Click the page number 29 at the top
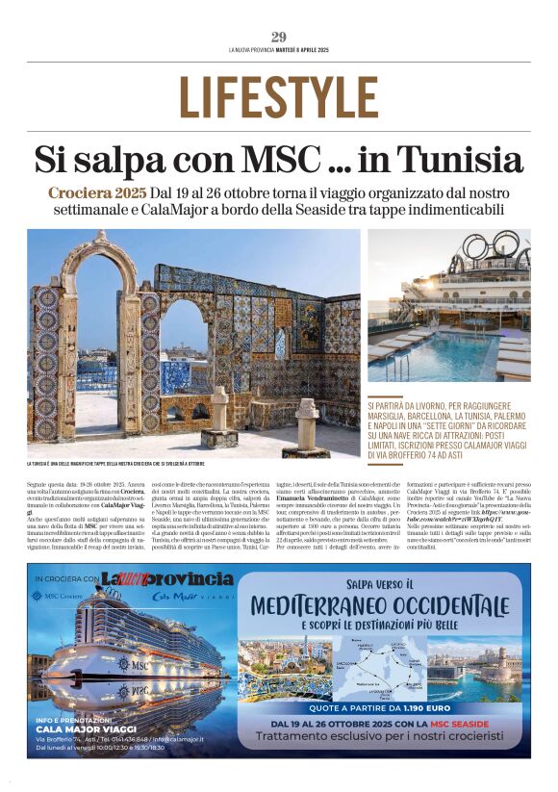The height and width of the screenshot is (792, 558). (x=278, y=37)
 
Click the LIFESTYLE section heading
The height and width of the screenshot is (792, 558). (x=278, y=96)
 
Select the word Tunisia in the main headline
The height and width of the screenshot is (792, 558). (x=456, y=160)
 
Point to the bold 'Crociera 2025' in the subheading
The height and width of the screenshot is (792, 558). (x=97, y=192)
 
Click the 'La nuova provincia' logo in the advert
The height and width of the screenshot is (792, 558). (x=169, y=579)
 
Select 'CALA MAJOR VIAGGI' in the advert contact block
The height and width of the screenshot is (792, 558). (x=86, y=728)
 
